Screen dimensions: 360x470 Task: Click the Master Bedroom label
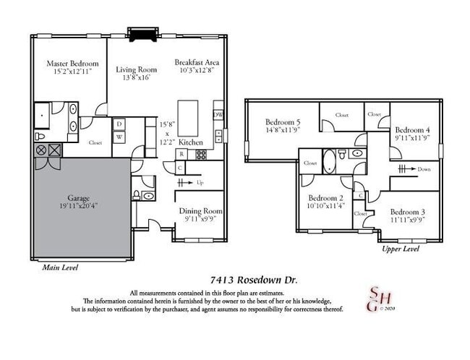(x=72, y=63)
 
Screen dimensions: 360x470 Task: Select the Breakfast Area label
(x=197, y=62)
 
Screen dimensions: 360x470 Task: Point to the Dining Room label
(x=201, y=211)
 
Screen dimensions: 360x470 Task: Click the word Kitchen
(x=192, y=142)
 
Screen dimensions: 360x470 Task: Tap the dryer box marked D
(x=119, y=124)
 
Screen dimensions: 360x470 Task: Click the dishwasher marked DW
(x=218, y=115)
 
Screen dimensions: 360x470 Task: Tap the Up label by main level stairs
(x=200, y=184)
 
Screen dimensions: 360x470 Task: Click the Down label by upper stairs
(x=423, y=169)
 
